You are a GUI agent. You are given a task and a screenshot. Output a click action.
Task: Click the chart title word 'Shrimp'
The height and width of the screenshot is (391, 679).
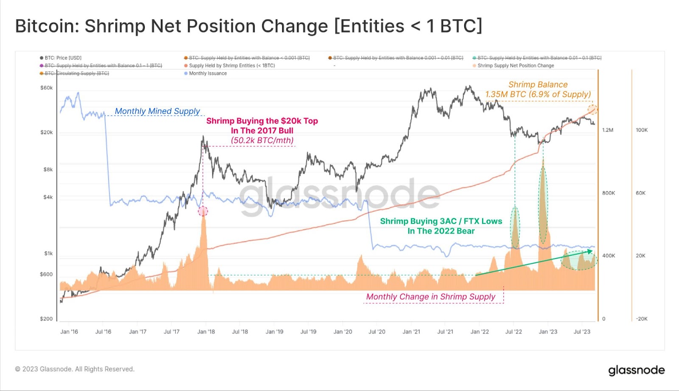click(x=115, y=26)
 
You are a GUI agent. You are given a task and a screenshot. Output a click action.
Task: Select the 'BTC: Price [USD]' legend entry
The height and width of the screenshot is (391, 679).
click(x=63, y=58)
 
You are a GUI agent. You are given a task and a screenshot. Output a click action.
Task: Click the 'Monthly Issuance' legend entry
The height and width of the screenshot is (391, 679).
click(x=208, y=73)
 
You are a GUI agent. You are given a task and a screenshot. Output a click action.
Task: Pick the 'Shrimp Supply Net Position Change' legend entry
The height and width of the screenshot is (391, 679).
click(x=515, y=66)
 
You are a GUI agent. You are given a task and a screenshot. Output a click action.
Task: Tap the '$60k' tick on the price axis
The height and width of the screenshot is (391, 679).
click(x=47, y=88)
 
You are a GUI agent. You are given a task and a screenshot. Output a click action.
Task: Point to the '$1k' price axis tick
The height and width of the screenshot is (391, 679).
click(x=48, y=254)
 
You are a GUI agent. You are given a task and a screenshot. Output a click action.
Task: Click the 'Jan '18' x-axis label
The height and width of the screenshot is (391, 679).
click(x=206, y=332)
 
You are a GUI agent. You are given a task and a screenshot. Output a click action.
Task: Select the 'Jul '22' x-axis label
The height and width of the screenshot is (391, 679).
click(x=513, y=332)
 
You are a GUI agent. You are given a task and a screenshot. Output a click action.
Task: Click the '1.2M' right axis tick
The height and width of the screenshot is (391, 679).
click(x=608, y=130)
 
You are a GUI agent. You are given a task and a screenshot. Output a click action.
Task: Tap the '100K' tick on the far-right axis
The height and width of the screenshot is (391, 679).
click(x=642, y=130)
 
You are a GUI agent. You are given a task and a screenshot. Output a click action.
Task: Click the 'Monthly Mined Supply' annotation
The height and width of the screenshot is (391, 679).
click(x=157, y=111)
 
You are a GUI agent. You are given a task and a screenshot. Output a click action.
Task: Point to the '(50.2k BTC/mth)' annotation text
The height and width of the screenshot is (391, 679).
click(x=262, y=140)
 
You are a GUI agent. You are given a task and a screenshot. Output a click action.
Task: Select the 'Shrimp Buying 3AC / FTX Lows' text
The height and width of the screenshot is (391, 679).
click(x=441, y=221)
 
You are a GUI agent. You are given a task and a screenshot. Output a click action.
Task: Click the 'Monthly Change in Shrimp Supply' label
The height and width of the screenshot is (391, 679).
click(x=431, y=297)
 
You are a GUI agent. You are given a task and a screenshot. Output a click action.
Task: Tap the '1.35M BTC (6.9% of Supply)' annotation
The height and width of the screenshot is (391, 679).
click(x=538, y=94)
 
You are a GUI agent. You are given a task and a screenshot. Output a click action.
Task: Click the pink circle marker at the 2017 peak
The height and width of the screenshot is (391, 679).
click(x=203, y=211)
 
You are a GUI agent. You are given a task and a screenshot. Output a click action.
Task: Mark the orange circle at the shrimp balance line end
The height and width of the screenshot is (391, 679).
click(x=592, y=110)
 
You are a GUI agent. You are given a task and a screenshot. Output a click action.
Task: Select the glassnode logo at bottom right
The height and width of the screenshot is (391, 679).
click(x=637, y=370)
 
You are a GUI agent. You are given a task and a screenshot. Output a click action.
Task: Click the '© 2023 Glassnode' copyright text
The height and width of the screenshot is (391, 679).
click(x=75, y=369)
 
